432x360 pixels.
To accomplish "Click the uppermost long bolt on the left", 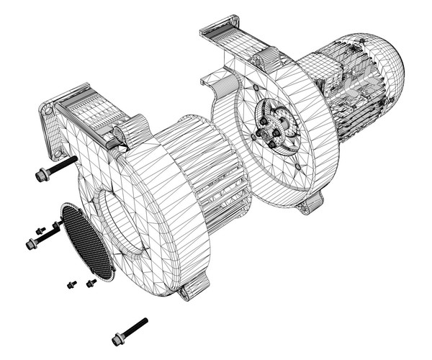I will pyautogui.click(x=55, y=168).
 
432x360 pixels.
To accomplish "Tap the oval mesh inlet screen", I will pyautogui.click(x=87, y=241).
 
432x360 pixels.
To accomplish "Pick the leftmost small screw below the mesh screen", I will pyautogui.click(x=71, y=284).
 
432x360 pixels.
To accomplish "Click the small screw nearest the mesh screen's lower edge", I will pyautogui.click(x=91, y=283).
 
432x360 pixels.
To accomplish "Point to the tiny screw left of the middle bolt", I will pyautogui.click(x=40, y=230).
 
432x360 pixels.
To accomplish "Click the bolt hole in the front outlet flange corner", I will pyautogui.click(x=48, y=112).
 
